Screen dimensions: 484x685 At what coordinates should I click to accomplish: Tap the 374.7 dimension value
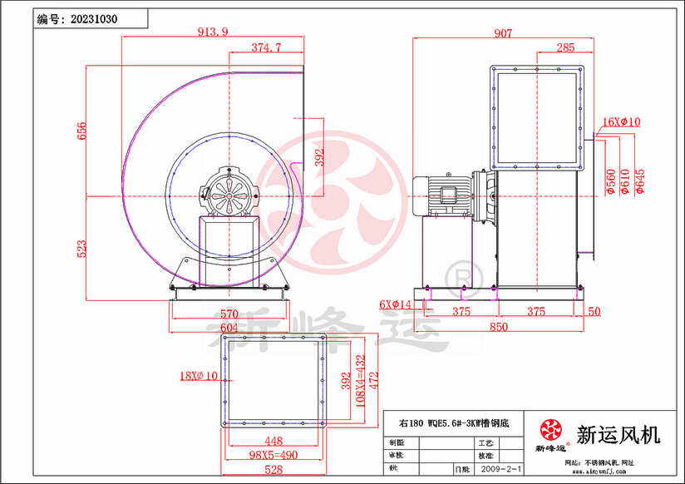[266, 47]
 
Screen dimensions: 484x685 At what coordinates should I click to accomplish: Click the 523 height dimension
[82, 248]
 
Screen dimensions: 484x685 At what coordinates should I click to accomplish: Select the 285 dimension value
[565, 47]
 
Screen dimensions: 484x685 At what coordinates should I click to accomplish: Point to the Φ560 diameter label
[611, 180]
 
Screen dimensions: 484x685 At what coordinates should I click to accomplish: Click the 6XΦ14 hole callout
[397, 304]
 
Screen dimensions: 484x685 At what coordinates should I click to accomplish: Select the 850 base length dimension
[498, 327]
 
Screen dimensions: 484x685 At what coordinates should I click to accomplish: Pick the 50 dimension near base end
[594, 311]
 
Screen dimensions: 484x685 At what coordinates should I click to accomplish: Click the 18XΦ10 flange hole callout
[199, 375]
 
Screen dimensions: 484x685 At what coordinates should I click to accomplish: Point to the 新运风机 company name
[618, 432]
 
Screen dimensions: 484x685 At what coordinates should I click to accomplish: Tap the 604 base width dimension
[229, 328]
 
